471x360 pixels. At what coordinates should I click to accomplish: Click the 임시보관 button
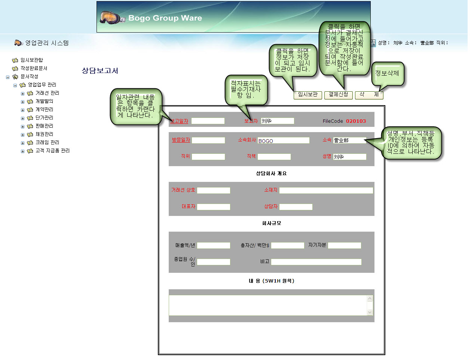click(x=308, y=95)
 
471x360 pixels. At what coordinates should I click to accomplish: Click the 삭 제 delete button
click(x=369, y=95)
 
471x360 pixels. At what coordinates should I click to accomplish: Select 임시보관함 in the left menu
click(x=31, y=60)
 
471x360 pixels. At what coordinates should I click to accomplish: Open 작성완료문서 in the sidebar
click(x=34, y=68)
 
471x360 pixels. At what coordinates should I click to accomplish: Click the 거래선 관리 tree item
click(x=47, y=93)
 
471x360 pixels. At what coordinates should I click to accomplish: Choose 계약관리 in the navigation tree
click(x=44, y=109)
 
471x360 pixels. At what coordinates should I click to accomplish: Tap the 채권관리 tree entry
click(x=44, y=134)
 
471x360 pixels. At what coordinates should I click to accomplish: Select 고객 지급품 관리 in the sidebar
click(x=52, y=150)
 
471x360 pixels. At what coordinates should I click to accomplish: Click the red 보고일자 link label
click(x=179, y=121)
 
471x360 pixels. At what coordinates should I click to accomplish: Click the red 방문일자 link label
click(x=181, y=140)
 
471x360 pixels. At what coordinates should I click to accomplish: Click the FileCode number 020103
click(x=356, y=121)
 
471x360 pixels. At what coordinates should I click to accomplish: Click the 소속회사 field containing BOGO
click(x=283, y=140)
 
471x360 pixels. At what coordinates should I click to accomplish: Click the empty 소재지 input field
click(x=326, y=190)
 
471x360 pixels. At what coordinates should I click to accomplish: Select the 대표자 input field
click(x=213, y=207)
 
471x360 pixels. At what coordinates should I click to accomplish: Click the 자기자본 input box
click(x=344, y=245)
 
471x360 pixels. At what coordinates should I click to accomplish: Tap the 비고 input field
click(x=316, y=262)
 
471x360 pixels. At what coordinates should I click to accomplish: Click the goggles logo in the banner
click(x=112, y=18)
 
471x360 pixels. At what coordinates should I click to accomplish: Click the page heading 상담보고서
click(x=100, y=71)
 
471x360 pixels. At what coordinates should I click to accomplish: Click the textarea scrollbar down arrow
click(x=370, y=312)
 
